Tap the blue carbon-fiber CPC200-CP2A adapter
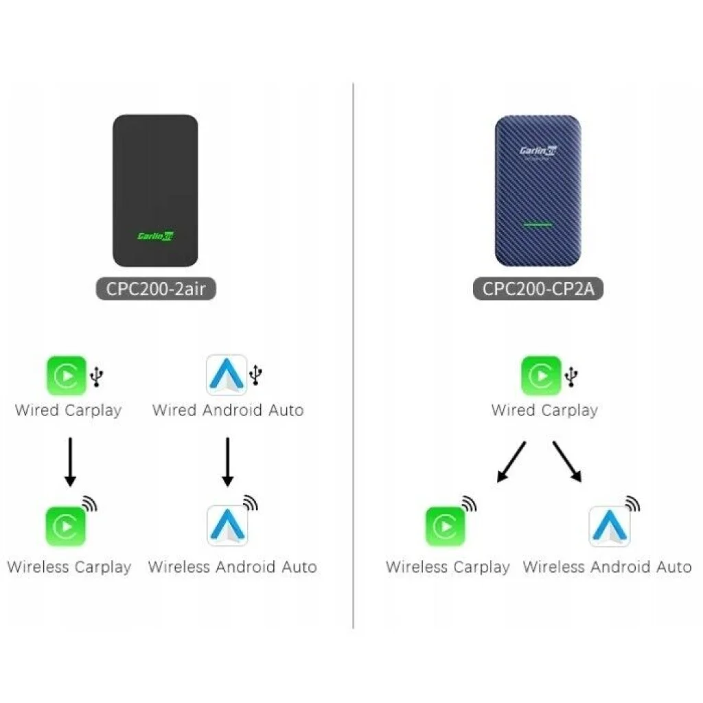click(538, 190)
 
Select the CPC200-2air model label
click(155, 288)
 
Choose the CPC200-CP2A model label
click(538, 288)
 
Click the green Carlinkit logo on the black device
click(155, 235)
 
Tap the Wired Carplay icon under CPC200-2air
click(67, 376)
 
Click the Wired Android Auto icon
click(227, 375)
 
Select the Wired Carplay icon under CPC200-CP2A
click(541, 376)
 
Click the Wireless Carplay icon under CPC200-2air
click(66, 526)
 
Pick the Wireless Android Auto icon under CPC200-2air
click(227, 526)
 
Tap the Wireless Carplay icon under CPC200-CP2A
click(445, 526)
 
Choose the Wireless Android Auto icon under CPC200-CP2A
click(609, 526)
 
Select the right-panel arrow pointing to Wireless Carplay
click(512, 462)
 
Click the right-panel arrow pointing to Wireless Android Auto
click(567, 462)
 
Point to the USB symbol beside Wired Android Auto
click(257, 375)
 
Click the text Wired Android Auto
click(227, 411)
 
